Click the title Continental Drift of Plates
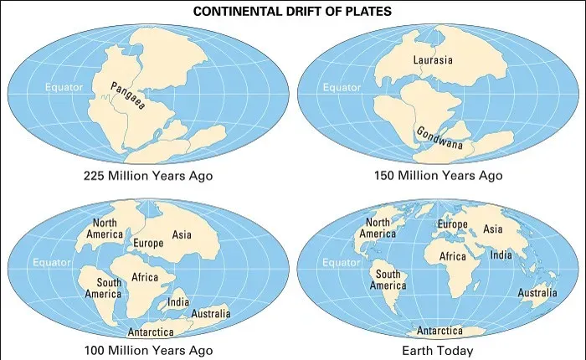292,12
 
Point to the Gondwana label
440,140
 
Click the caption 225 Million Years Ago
148,176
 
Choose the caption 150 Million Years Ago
438,176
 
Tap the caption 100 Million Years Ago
148,350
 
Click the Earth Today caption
438,350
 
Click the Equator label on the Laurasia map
342,87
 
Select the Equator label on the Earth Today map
342,263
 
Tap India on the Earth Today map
501,255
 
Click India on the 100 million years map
178,301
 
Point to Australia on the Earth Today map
537,293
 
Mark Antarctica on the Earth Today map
440,331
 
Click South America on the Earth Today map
388,280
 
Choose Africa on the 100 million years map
145,277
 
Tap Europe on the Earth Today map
452,225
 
